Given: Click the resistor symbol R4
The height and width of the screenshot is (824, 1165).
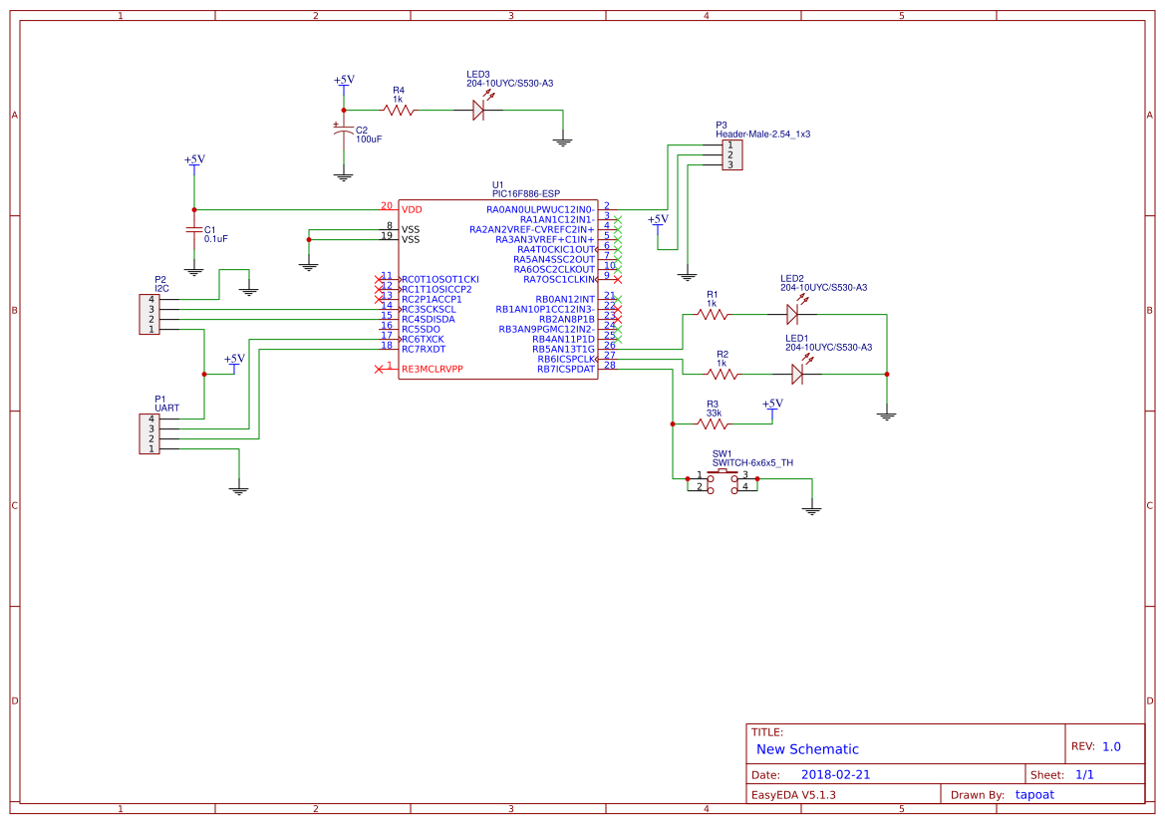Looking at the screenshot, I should coord(399,111).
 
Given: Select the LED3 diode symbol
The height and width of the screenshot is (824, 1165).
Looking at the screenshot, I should coord(478,111).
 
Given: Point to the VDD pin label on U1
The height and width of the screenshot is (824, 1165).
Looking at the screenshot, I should coord(412,210).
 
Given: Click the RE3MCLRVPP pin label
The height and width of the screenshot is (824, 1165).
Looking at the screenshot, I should coord(432,370).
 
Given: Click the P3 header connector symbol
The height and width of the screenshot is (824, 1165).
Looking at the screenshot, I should coord(730,155).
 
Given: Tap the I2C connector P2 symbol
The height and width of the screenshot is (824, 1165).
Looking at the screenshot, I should coord(147,314).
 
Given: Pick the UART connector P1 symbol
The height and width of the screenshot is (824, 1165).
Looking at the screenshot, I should coord(147,433).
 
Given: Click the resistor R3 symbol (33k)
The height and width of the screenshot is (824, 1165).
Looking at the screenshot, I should coord(713,423).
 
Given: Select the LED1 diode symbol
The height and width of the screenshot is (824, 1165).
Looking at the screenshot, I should coord(796,375).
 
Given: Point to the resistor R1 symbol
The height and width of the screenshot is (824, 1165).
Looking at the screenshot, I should coord(713,315).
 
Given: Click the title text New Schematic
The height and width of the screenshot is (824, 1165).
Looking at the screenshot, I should coord(807,749).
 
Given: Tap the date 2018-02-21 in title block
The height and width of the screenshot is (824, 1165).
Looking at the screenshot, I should coord(835,774).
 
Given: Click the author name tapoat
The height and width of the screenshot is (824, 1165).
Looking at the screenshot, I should coord(1034,794).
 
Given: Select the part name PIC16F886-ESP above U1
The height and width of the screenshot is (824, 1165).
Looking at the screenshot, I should coord(526,193).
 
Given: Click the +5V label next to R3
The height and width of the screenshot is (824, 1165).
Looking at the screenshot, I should coord(772,404).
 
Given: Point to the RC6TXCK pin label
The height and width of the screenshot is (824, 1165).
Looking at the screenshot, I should coord(423,339).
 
